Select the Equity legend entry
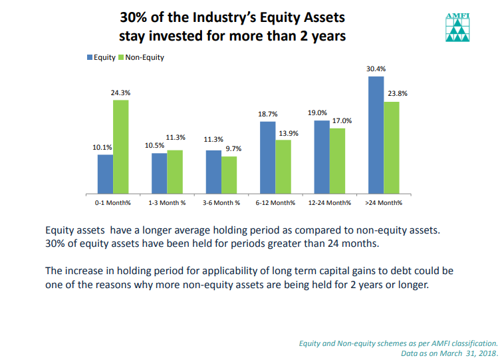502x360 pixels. tap(101, 57)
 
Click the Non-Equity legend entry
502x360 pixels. tap(140, 57)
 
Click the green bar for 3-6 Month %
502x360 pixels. tap(229, 174)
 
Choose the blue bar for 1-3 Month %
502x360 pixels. tap(159, 172)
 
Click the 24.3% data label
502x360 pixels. tap(120, 94)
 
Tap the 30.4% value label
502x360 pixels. tap(376, 69)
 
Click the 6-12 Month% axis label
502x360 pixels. tap(275, 202)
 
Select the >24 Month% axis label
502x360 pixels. tap(384, 202)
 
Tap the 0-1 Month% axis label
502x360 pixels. tap(112, 202)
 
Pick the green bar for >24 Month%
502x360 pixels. tap(392, 146)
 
